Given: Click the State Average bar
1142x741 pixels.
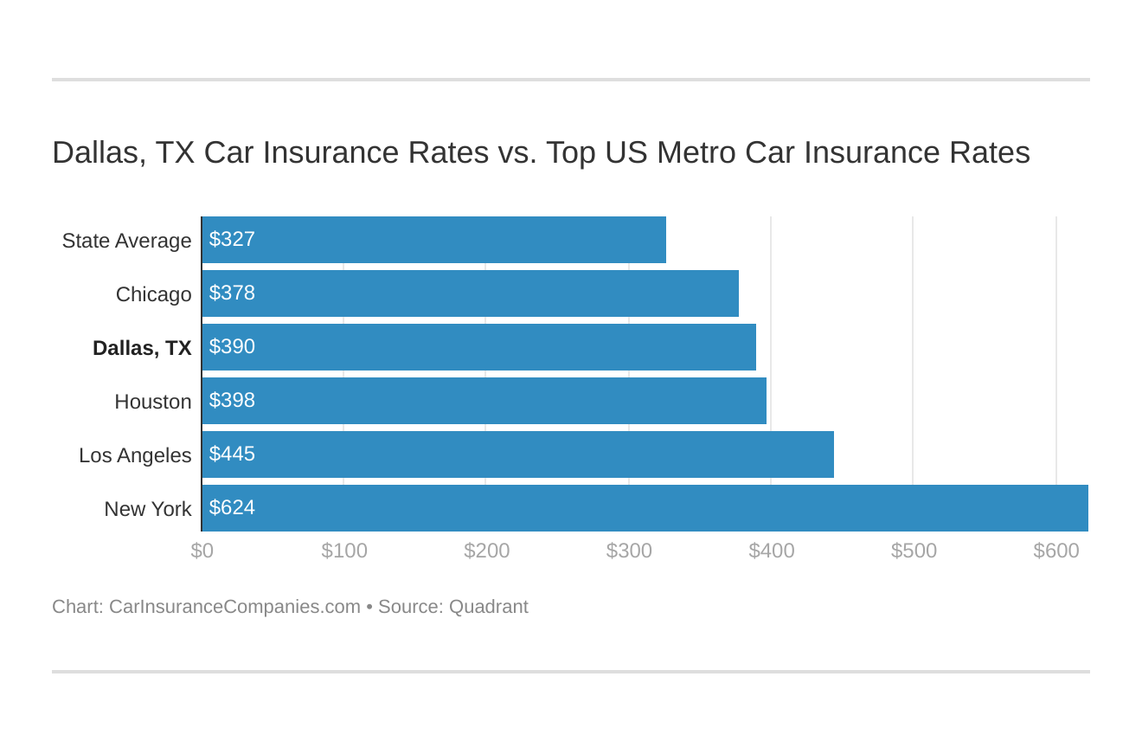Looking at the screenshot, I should pyautogui.click(x=433, y=240).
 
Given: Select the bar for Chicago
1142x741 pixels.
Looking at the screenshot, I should pyautogui.click(x=470, y=293).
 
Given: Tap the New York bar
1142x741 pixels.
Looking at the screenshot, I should pyautogui.click(x=645, y=508).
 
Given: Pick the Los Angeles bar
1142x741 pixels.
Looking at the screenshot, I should pyautogui.click(x=517, y=454).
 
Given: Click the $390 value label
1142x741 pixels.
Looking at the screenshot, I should pyautogui.click(x=232, y=347).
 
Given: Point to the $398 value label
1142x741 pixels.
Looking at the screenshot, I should pyautogui.click(x=232, y=401).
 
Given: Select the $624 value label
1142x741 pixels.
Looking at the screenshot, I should pyautogui.click(x=232, y=508).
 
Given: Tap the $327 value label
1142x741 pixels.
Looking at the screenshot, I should pyautogui.click(x=232, y=240).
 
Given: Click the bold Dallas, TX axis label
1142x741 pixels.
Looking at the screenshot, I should pyautogui.click(x=142, y=348).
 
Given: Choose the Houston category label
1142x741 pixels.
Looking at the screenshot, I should pyautogui.click(x=152, y=402).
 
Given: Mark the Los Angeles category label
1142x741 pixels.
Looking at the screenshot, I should pyautogui.click(x=135, y=455).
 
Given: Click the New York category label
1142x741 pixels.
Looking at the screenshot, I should pyautogui.click(x=148, y=509).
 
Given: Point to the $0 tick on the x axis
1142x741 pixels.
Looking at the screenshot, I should pyautogui.click(x=202, y=551).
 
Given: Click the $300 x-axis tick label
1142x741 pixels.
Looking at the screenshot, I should pyautogui.click(x=629, y=551).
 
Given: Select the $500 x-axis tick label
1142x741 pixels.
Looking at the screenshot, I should pyautogui.click(x=914, y=551).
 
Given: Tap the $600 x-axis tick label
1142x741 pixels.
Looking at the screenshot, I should pyautogui.click(x=1055, y=551).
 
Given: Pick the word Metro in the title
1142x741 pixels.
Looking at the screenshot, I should pyautogui.click(x=696, y=152).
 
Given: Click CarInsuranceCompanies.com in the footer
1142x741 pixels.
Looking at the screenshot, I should pyautogui.click(x=234, y=607).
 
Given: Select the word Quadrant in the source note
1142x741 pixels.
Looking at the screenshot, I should pyautogui.click(x=488, y=607).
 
